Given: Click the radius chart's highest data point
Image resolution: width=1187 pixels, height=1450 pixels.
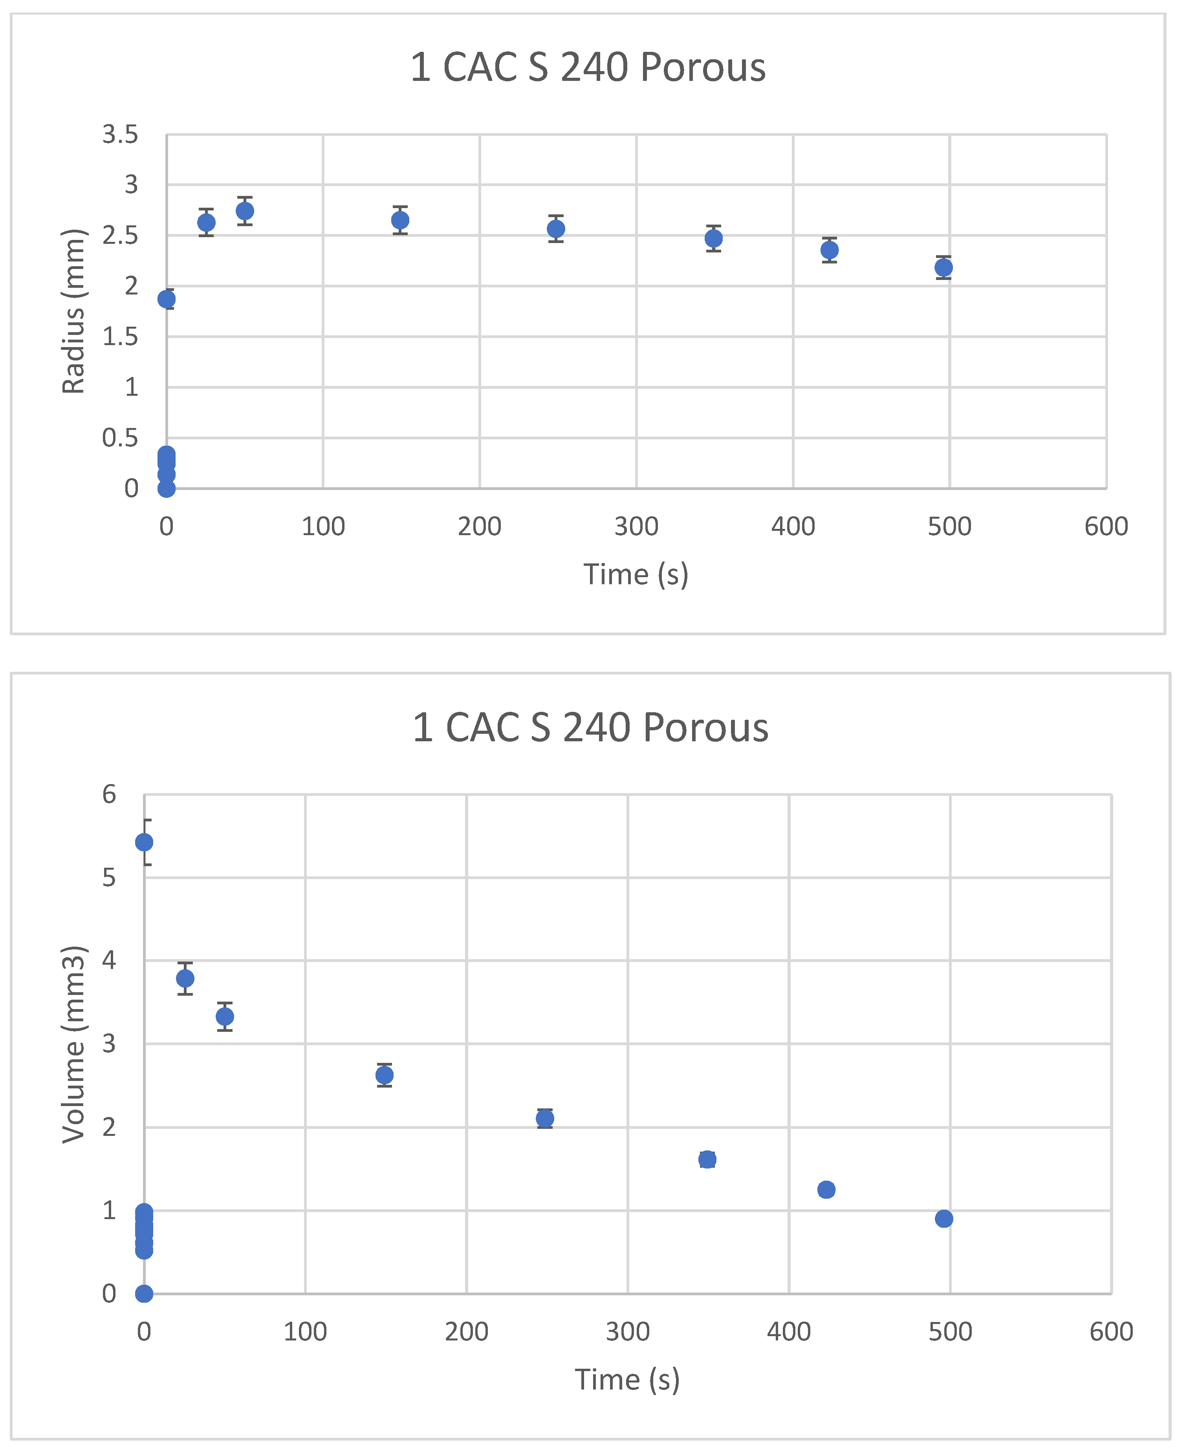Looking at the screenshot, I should [245, 210].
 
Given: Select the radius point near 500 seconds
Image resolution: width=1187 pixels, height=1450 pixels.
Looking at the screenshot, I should [943, 267].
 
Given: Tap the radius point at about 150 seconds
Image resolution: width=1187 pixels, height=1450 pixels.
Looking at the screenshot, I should [400, 220].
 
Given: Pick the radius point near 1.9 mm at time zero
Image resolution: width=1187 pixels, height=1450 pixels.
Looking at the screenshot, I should [166, 299].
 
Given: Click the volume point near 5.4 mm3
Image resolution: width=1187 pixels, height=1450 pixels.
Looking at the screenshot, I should [144, 842].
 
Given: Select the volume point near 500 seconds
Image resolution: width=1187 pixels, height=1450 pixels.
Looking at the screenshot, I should [943, 1218].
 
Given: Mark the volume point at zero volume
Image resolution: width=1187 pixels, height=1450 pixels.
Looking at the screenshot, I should [144, 1293].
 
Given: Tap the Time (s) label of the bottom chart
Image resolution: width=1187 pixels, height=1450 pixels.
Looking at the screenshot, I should [627, 1380].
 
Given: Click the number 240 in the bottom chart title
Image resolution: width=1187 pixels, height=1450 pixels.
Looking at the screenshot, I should [596, 727].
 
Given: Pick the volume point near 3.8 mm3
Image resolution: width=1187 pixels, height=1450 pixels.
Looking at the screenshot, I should [185, 978].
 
